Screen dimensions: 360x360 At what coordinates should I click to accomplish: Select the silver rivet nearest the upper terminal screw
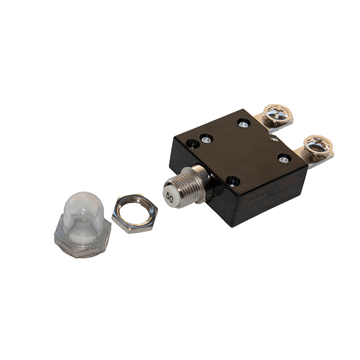point(243,123)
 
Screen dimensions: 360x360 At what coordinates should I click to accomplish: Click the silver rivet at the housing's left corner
point(206,137)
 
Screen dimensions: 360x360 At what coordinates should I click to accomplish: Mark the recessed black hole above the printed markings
point(232,181)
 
